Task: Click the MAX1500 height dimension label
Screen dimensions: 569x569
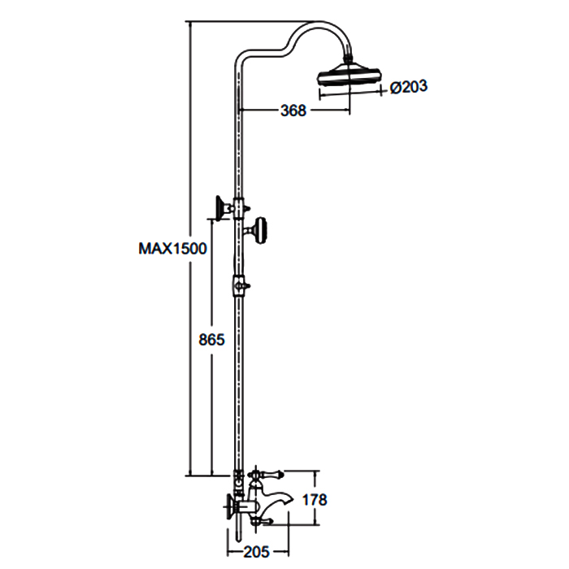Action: click(172, 249)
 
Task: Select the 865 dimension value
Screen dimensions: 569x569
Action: click(211, 340)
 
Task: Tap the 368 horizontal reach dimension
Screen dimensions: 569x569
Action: click(293, 111)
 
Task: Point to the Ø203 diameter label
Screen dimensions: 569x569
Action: click(409, 87)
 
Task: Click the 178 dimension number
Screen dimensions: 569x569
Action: click(315, 500)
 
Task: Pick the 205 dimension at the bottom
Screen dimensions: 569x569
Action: click(257, 552)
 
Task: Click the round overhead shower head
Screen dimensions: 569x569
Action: click(350, 76)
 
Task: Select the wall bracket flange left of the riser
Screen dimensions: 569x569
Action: click(220, 208)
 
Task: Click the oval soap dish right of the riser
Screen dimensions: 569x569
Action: click(261, 230)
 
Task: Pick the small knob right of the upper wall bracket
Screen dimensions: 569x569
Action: click(247, 208)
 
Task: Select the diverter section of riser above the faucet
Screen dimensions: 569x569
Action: click(238, 483)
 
